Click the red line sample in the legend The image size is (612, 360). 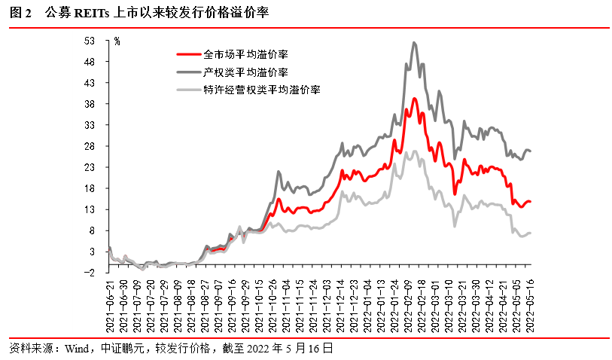tap(187, 54)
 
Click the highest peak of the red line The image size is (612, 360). tap(414, 98)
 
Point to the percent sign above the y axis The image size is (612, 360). tap(117, 41)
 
